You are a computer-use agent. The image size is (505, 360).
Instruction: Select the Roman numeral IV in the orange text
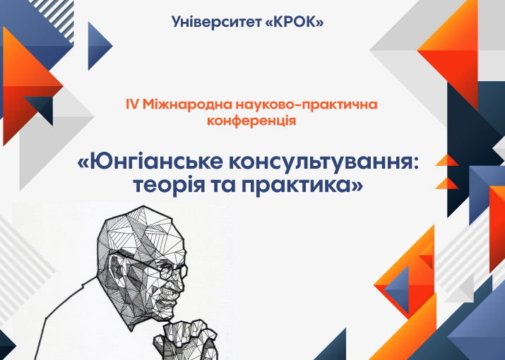coord(132,104)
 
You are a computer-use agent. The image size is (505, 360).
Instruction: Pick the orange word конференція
coord(251,121)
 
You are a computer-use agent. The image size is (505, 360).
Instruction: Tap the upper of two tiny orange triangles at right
coord(448,161)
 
